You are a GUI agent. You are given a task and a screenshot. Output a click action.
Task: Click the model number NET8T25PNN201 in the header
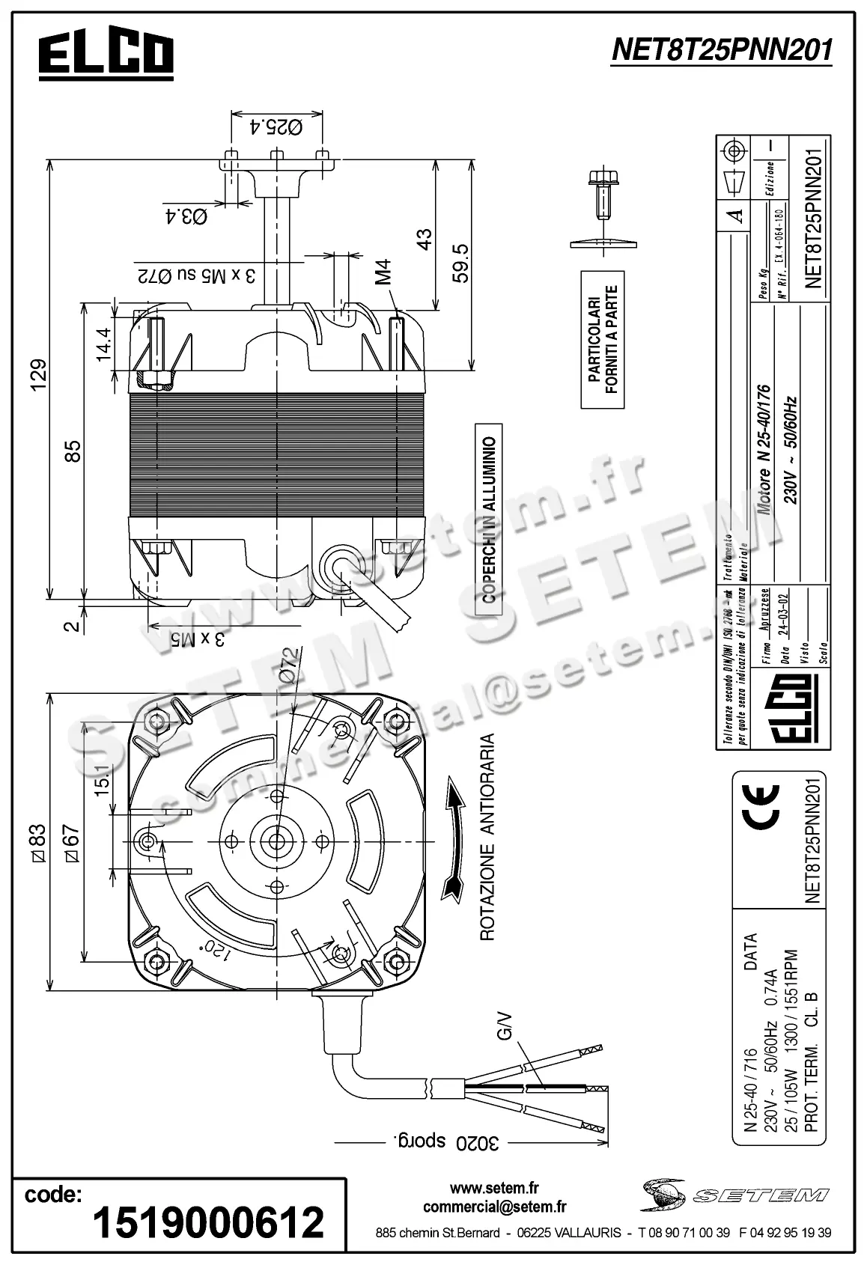coord(722,50)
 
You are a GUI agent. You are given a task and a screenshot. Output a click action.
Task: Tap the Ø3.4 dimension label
coord(185,217)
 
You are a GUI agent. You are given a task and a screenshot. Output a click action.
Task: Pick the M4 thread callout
coord(384,272)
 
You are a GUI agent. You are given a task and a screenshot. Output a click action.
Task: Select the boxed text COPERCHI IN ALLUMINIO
coord(488,520)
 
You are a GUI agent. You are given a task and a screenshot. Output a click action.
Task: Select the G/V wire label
coord(505,1025)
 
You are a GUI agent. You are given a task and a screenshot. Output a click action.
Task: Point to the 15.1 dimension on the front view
coord(103,778)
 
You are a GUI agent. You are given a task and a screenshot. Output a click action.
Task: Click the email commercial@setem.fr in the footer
coord(494,1207)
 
